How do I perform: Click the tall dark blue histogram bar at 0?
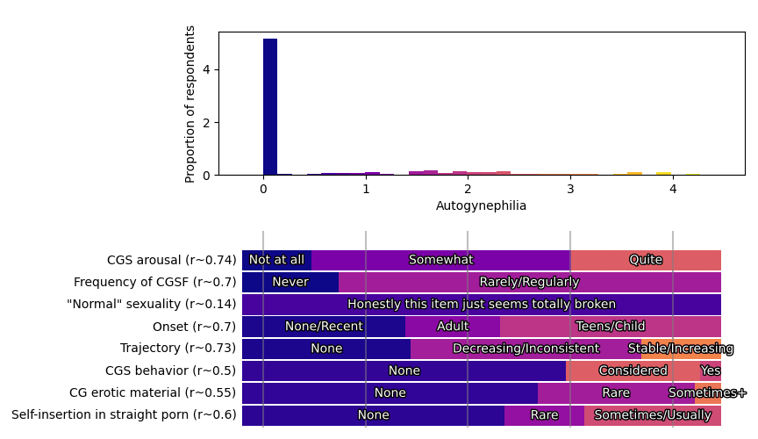270,105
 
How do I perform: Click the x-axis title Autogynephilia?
481,205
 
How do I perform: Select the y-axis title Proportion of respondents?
190,104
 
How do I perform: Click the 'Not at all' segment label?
276,260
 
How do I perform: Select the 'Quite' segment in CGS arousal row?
646,260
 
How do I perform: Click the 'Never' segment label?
290,282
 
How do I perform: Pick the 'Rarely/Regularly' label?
529,282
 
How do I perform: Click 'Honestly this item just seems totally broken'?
482,305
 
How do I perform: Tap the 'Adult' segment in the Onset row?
453,327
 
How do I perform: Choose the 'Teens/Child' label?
611,327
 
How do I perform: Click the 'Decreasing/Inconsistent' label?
526,349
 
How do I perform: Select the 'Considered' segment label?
633,371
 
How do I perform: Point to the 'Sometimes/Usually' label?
653,415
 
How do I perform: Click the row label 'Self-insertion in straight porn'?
124,415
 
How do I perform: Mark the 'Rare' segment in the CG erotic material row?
616,393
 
